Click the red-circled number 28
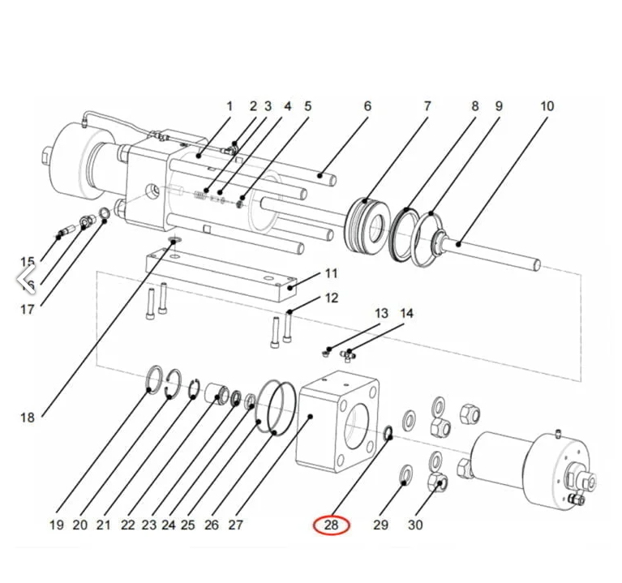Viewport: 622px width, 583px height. [x=331, y=525]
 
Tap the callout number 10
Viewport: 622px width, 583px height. [x=547, y=106]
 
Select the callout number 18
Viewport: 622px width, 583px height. [x=28, y=418]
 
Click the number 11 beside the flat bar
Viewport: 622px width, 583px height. [x=331, y=273]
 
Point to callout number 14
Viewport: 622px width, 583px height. [x=406, y=313]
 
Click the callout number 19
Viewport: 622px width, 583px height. [x=56, y=525]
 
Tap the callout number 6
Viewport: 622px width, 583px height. [x=367, y=106]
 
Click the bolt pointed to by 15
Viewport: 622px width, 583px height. [x=64, y=234]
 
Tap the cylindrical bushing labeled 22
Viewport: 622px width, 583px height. [x=217, y=394]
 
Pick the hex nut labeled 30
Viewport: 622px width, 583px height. [x=437, y=485]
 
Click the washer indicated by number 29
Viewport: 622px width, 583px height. [x=404, y=475]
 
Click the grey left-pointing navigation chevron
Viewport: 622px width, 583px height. [x=24, y=280]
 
